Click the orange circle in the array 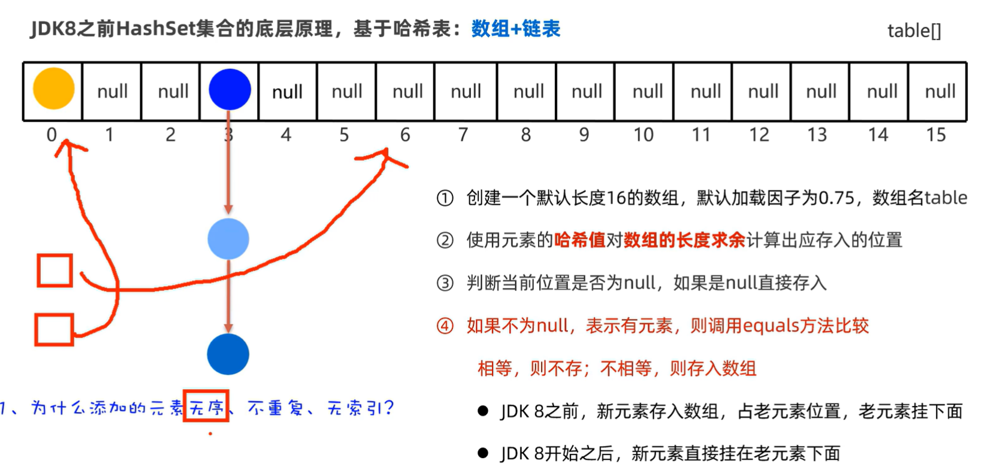(53, 89)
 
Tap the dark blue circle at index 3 (229, 89)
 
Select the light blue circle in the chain (228, 239)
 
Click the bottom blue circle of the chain (228, 354)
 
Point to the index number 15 (935, 135)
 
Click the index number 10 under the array (643, 135)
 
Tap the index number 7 (463, 135)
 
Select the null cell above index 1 (112, 92)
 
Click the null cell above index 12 (763, 92)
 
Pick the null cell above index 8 (528, 92)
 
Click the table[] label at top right (914, 31)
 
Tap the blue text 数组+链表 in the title (515, 29)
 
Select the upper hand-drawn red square (55, 271)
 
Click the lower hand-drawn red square (54, 329)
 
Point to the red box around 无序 (206, 407)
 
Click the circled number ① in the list (445, 198)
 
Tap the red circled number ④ (445, 326)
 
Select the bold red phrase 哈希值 (579, 241)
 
